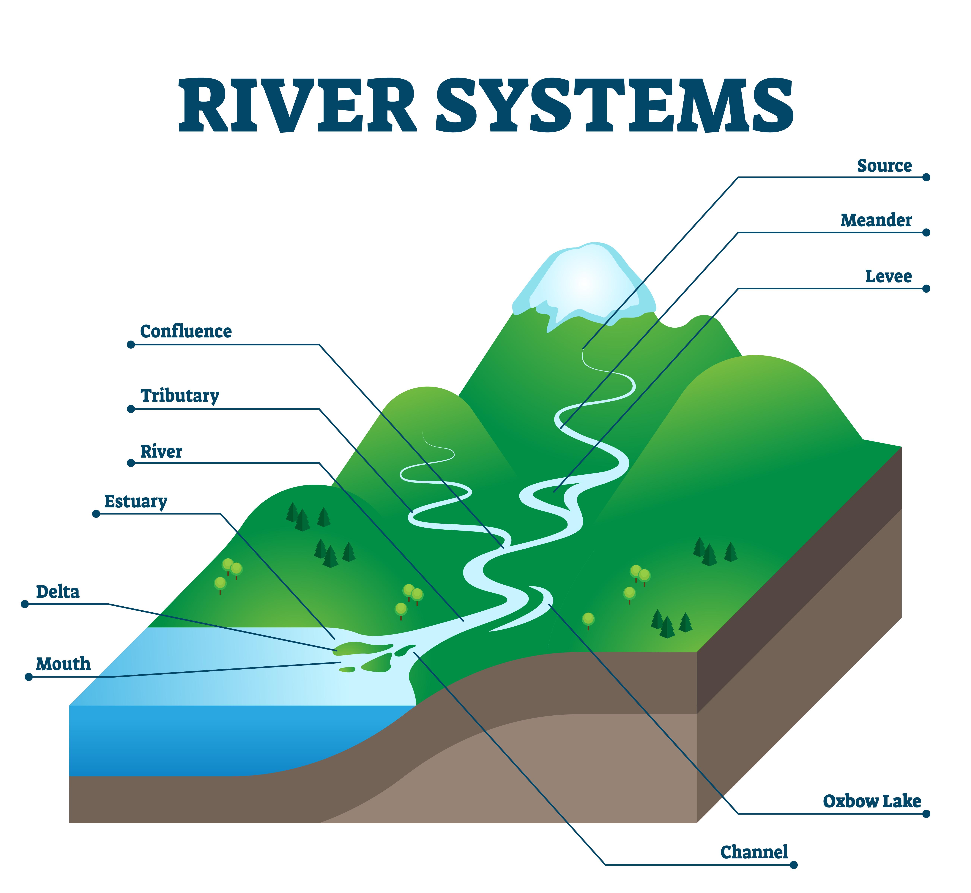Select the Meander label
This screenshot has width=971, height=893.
pyautogui.click(x=876, y=220)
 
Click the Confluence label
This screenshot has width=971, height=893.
pyautogui.click(x=186, y=332)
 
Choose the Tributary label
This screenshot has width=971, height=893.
pyautogui.click(x=180, y=396)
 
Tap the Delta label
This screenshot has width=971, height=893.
pyautogui.click(x=58, y=592)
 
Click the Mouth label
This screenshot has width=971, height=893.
pyautogui.click(x=63, y=664)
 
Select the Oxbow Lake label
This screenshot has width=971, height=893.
pyautogui.click(x=872, y=801)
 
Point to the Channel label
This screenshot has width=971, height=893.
pyautogui.click(x=754, y=852)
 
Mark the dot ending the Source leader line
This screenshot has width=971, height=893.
pyautogui.click(x=926, y=177)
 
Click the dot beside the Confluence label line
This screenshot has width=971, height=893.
pyautogui.click(x=130, y=345)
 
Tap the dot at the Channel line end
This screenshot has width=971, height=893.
pyautogui.click(x=793, y=865)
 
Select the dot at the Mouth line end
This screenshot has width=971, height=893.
pyautogui.click(x=29, y=677)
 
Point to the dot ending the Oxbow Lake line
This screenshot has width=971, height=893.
pyautogui.click(x=926, y=814)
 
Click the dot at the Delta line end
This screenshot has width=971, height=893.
pyautogui.click(x=25, y=604)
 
